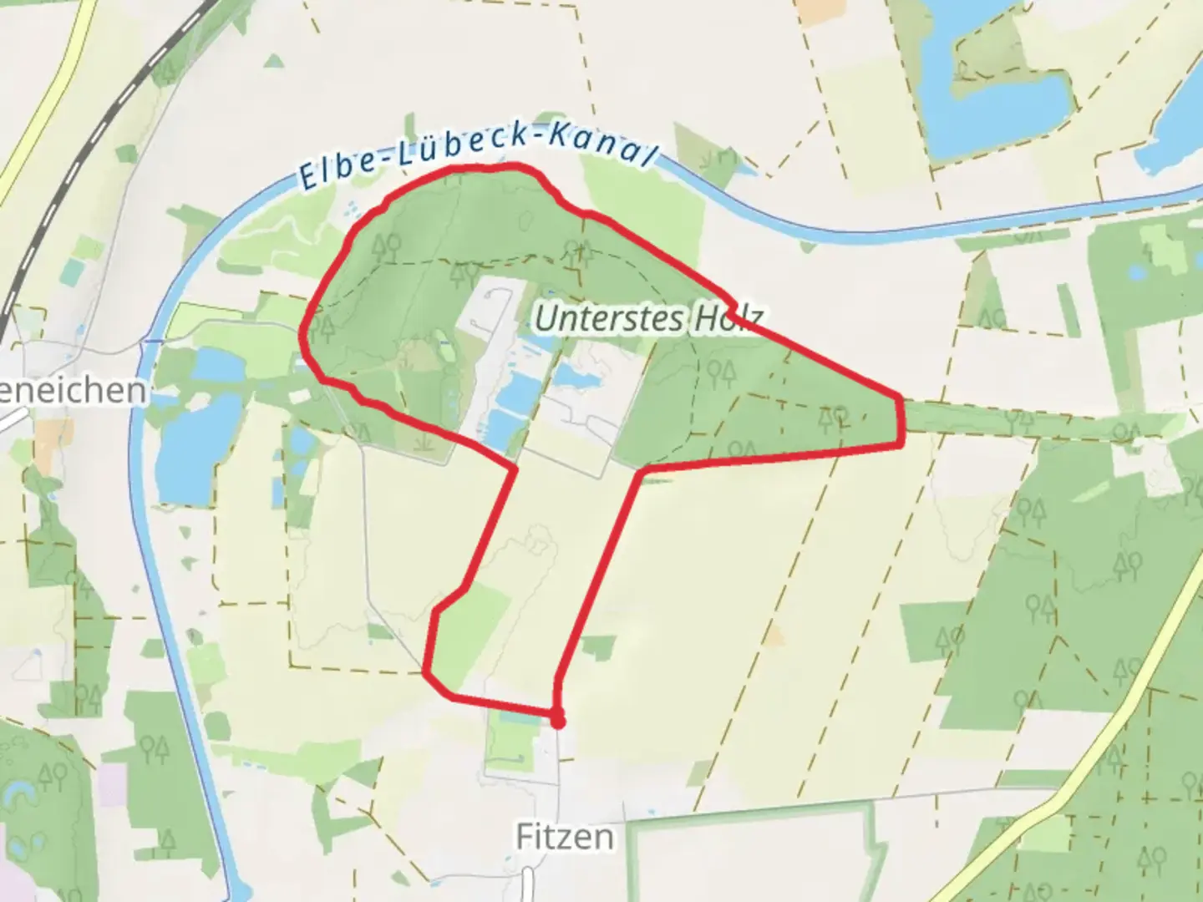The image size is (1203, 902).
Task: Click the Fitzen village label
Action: (x=564, y=836)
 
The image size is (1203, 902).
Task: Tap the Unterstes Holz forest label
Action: (x=647, y=318)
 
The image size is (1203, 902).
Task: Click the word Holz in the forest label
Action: (x=725, y=318)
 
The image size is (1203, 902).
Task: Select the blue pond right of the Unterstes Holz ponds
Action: (x=576, y=378)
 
